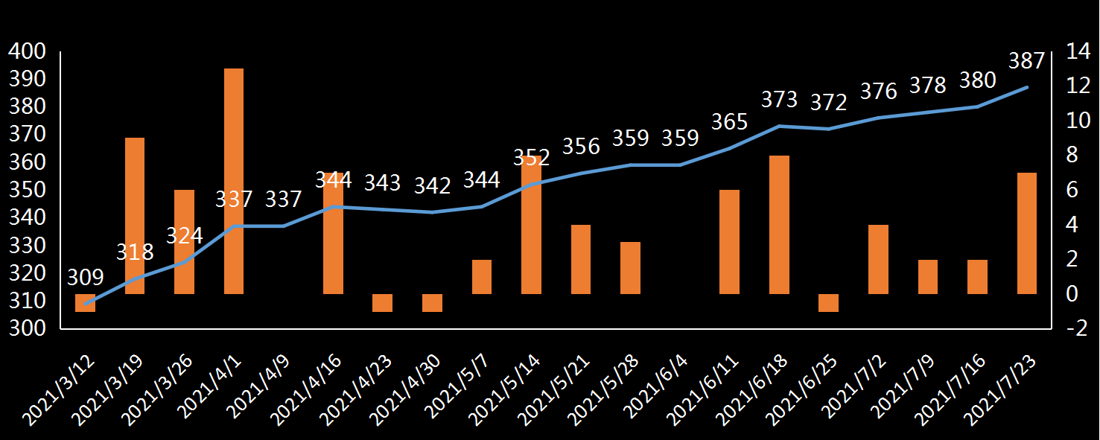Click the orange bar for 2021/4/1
click(234, 181)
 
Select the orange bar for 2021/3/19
click(135, 216)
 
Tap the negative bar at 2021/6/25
click(828, 302)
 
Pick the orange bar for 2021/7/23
click(1027, 233)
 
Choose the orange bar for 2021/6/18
click(779, 225)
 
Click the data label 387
click(1027, 61)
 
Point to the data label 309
click(85, 278)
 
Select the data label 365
click(729, 122)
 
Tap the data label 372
click(828, 103)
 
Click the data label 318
click(135, 252)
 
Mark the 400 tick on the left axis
click(27, 51)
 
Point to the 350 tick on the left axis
click(27, 190)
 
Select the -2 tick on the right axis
click(1075, 328)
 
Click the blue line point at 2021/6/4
click(680, 165)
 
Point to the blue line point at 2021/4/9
click(284, 226)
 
